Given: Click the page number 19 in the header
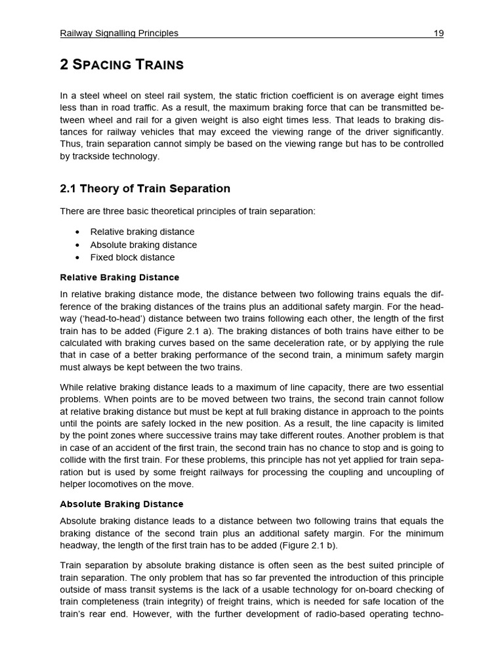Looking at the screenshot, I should point(438,33).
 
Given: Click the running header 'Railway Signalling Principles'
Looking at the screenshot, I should point(119,33).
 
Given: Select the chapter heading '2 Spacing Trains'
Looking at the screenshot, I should point(121,64).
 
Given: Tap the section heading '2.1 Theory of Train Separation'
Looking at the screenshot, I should point(145,189).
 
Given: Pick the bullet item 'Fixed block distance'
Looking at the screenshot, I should point(133,257).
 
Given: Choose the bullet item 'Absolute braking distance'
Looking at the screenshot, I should point(143,245).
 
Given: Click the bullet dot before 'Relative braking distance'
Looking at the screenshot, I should point(78,232).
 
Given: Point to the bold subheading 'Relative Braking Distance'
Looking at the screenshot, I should point(119,278).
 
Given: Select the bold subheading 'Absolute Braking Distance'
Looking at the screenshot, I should point(121,504).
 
